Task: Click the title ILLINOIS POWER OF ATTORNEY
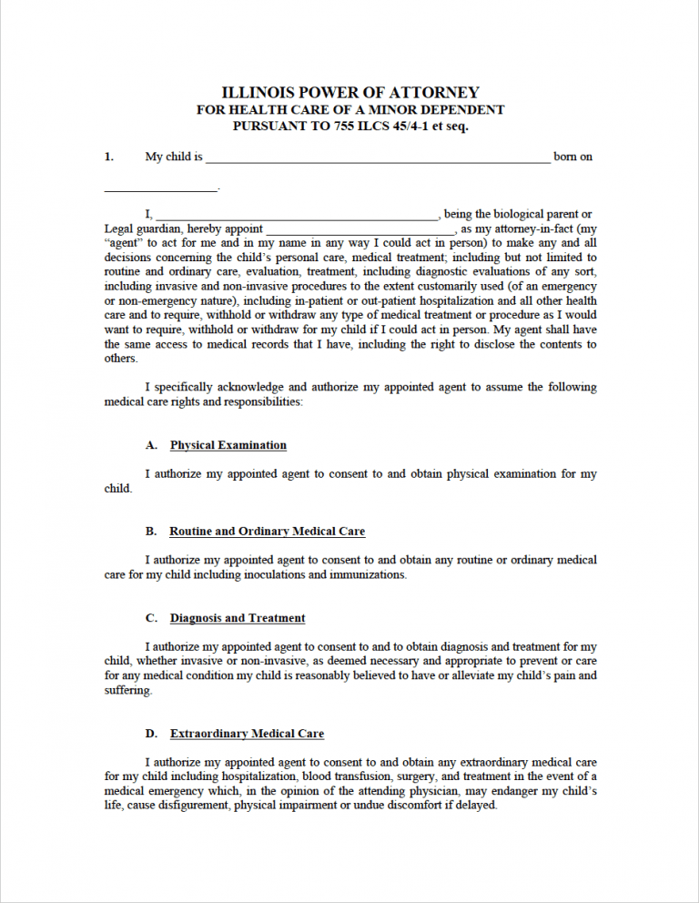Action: [x=350, y=93]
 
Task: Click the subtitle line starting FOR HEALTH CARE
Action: [x=350, y=110]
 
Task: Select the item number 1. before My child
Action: [x=109, y=157]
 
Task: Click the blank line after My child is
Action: [x=378, y=159]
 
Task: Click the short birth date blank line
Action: [x=161, y=189]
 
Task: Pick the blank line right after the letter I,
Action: [x=297, y=218]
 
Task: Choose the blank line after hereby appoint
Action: [x=360, y=232]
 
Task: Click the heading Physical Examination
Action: [x=228, y=445]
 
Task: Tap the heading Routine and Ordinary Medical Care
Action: [x=268, y=531]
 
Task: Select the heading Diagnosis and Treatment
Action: [x=238, y=618]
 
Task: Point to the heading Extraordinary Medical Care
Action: [x=247, y=733]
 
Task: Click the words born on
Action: [x=573, y=157]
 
